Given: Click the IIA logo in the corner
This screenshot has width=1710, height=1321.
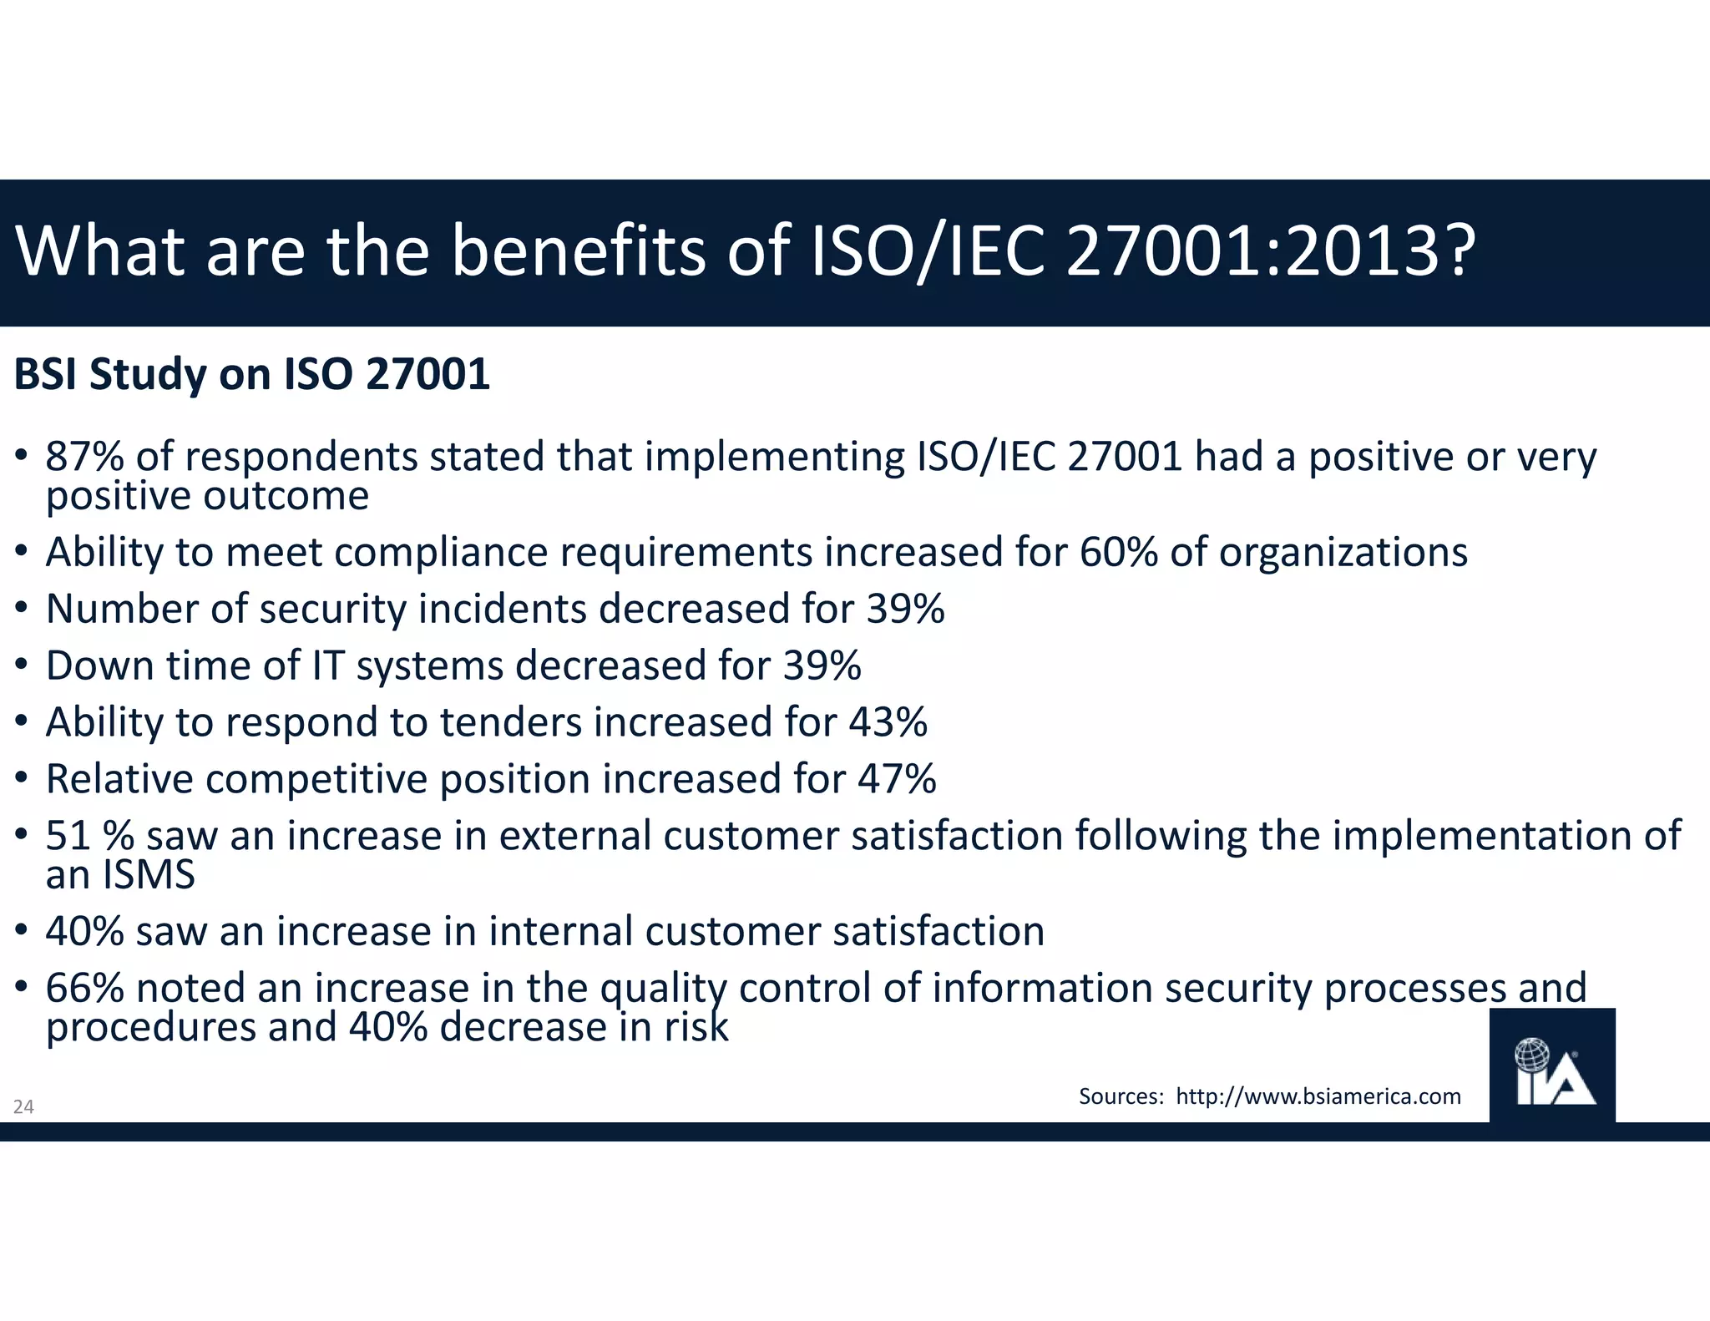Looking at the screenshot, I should pos(1552,1066).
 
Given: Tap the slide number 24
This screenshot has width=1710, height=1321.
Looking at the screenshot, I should pos(23,1107).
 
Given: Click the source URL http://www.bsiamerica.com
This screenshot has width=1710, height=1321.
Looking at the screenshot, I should pos(1318,1096).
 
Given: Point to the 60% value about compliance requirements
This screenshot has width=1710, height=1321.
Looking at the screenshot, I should pos(1119,552).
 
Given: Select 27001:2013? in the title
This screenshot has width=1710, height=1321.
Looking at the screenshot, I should pos(1271,251).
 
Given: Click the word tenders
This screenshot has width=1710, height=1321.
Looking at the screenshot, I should pos(510,722).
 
